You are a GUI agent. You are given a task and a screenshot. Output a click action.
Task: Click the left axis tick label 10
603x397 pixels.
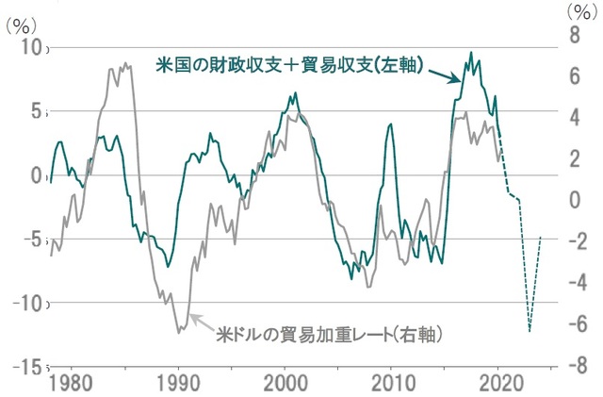click(x=31, y=49)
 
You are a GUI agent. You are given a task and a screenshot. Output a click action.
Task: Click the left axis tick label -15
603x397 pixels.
click(x=26, y=366)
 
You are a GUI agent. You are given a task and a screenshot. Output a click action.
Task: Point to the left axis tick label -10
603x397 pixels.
click(x=26, y=303)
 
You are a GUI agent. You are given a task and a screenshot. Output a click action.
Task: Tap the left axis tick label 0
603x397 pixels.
click(x=37, y=175)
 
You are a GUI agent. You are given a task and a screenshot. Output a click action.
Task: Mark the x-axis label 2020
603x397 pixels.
click(x=498, y=384)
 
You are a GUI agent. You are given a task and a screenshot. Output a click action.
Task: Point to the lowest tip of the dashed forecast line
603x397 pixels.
click(x=530, y=331)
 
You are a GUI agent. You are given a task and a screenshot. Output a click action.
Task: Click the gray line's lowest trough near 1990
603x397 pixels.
click(x=178, y=333)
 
